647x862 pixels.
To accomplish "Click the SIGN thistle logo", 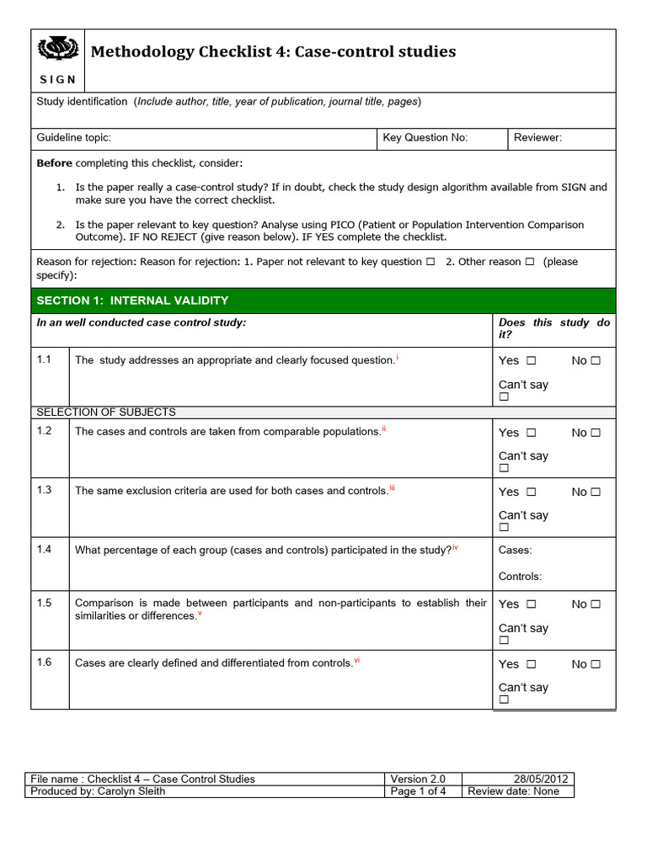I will pos(58,52).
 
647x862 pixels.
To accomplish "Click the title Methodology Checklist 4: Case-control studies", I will pos(273,52).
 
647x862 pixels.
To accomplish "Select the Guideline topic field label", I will pos(74,138).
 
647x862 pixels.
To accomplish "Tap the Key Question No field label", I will pos(425,138).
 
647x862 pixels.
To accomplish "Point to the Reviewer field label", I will pos(537,138).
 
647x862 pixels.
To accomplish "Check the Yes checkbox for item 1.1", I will pos(532,361).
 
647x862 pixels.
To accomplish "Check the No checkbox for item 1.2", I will pos(596,433).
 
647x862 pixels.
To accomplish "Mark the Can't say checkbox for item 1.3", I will pos(504,528).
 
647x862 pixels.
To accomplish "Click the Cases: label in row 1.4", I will pos(516,550).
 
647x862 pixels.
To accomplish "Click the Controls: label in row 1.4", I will pos(521,577).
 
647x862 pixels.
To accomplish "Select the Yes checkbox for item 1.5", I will pos(532,604).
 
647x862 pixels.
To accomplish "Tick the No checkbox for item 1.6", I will pos(596,664).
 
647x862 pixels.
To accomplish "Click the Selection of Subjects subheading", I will pos(105,412).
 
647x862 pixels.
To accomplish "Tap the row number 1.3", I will pos(45,490).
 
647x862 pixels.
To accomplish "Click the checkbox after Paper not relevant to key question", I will pos(430,262).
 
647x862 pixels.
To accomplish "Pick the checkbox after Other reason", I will pos(530,262).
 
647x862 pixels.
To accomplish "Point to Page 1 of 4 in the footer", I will pos(419,791).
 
